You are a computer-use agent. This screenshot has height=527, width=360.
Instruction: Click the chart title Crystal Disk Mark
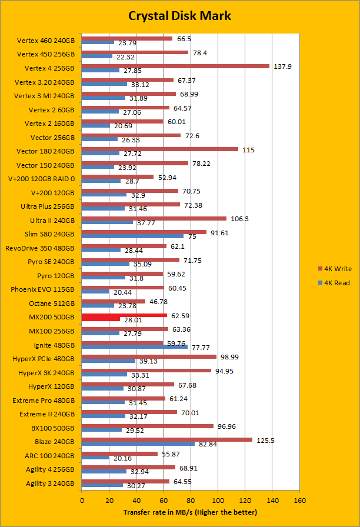click(179, 15)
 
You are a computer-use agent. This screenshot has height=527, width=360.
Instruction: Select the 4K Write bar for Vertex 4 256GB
click(175, 66)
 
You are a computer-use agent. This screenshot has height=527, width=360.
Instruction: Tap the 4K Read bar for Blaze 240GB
click(138, 443)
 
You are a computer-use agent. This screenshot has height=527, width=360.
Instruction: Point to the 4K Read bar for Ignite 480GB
click(135, 347)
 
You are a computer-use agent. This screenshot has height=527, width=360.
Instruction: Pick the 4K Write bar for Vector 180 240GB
click(160, 149)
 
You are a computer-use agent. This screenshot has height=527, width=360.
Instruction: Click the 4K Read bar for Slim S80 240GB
click(133, 236)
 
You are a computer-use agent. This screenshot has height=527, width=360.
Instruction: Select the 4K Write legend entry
click(333, 269)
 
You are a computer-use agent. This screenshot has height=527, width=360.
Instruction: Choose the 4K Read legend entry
click(333, 283)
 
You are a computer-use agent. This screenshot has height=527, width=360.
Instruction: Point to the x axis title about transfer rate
click(191, 512)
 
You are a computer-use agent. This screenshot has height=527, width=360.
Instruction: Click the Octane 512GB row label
click(51, 303)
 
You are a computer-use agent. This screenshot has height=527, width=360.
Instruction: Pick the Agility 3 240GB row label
click(51, 483)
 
